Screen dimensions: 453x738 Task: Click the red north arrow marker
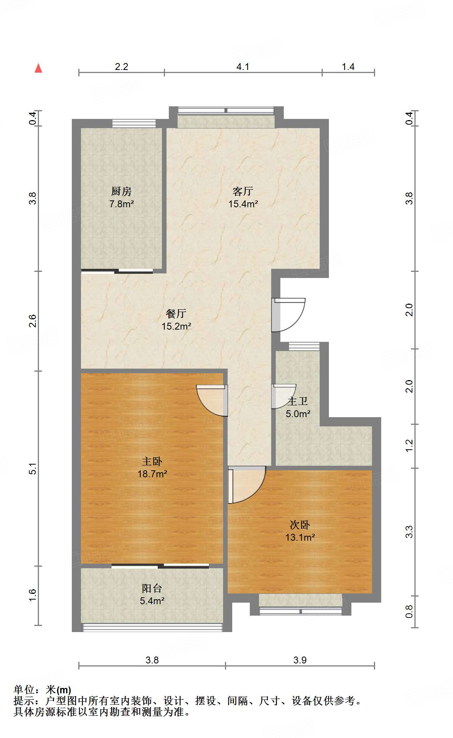pyautogui.click(x=38, y=68)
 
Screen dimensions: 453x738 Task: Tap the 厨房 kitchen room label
pyautogui.click(x=121, y=191)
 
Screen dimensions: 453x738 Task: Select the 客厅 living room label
pyautogui.click(x=243, y=191)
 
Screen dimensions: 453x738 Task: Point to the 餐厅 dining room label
pyautogui.click(x=176, y=314)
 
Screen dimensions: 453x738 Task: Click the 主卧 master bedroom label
pyautogui.click(x=152, y=461)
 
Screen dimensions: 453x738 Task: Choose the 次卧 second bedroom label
pyautogui.click(x=300, y=525)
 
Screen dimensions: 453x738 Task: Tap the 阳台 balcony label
pyautogui.click(x=152, y=588)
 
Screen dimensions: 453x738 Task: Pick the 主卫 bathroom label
pyautogui.click(x=298, y=401)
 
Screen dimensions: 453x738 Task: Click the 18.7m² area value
pyautogui.click(x=152, y=474)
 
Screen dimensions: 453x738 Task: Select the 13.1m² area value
pyautogui.click(x=300, y=538)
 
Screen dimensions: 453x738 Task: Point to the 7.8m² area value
pyautogui.click(x=121, y=204)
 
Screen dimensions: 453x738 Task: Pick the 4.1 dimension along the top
pyautogui.click(x=243, y=67)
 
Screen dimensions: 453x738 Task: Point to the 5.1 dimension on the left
pyautogui.click(x=33, y=468)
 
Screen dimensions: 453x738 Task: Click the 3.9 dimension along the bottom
pyautogui.click(x=300, y=660)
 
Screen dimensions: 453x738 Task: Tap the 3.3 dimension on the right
pyautogui.click(x=409, y=532)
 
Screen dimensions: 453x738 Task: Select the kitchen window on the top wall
pyautogui.click(x=134, y=123)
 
